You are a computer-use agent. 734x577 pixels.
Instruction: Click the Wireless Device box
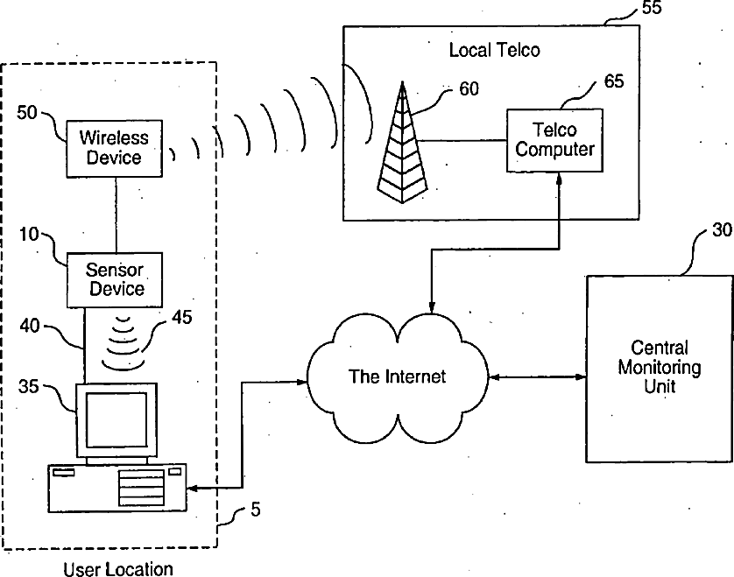pos(114,148)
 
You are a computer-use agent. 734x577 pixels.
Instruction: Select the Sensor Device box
pos(115,280)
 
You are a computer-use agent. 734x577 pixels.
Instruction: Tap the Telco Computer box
pos(554,140)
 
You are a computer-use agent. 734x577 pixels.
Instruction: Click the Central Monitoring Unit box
pos(659,369)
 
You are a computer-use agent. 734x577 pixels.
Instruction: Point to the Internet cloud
pos(397,377)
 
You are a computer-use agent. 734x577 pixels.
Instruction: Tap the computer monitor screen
pos(116,419)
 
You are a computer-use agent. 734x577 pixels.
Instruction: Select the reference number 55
pos(652,8)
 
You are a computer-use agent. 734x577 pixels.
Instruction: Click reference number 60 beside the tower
pos(469,88)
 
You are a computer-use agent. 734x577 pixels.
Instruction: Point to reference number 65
pos(614,81)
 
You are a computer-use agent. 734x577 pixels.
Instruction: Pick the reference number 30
pos(722,229)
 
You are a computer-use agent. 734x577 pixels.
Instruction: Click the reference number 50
pos(26,113)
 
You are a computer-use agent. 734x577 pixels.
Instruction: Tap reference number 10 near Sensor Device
pos(29,234)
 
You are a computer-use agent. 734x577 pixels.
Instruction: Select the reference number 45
pos(181,317)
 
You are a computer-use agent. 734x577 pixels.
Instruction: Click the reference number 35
pos(29,386)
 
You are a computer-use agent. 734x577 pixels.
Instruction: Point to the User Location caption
pos(118,569)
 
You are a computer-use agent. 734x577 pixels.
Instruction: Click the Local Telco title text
pos(494,50)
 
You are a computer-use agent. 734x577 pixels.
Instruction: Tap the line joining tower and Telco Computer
pos(462,140)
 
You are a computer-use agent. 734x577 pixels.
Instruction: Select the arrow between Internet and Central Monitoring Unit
pos(537,376)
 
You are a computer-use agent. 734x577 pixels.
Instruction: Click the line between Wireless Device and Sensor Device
pos(116,215)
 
